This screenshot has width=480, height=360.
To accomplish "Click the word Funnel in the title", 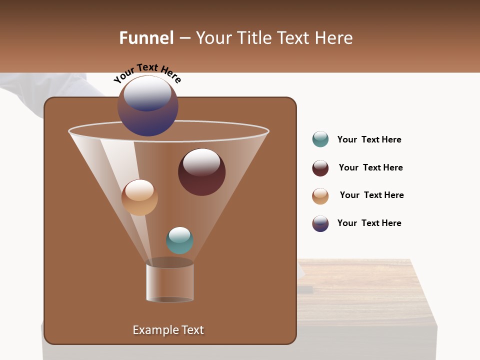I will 146,38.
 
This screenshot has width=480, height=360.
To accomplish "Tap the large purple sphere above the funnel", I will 148,106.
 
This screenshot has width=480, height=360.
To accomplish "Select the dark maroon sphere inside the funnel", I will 201,172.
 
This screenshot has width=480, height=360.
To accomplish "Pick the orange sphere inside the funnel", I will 139,197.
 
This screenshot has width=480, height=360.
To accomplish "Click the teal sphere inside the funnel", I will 179,240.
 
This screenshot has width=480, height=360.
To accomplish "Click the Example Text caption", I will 168,330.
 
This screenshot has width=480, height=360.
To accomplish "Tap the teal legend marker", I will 320,139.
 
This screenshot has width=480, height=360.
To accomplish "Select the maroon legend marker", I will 320,168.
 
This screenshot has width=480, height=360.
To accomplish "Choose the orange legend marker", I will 320,196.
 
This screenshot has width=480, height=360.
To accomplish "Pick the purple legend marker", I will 320,223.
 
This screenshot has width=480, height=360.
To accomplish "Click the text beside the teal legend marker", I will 369,139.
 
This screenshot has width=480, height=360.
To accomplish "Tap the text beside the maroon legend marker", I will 370,167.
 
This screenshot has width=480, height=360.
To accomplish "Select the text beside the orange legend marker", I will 371,195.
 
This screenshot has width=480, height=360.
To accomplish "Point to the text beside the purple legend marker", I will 369,223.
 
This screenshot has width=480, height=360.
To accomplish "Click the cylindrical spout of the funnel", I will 170,282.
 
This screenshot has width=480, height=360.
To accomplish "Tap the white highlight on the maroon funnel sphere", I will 201,162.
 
